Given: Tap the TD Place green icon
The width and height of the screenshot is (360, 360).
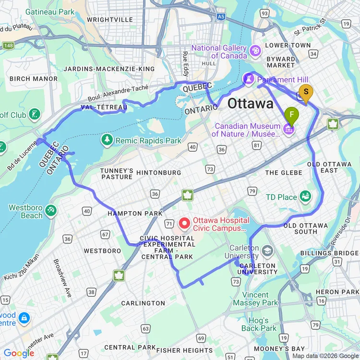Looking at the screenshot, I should [305, 197].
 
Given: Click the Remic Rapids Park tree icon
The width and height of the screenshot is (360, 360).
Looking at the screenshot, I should [107, 140].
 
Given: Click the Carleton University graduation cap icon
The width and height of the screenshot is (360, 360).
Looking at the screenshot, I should [267, 250].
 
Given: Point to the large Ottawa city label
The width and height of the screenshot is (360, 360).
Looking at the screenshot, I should [250, 103].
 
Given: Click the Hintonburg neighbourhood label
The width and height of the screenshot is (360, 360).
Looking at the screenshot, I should [158, 172].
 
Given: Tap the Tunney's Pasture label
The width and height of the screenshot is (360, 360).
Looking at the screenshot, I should [117, 173].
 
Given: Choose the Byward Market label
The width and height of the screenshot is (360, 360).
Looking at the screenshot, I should [281, 61].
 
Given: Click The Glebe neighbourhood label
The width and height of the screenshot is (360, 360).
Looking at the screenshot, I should [284, 172].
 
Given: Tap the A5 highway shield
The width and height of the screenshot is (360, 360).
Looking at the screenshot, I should [220, 16].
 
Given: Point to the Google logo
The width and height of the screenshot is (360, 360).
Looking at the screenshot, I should [19, 353].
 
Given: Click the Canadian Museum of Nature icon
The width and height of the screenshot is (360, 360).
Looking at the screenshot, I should [288, 129].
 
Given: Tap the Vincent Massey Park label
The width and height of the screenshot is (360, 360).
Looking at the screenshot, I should [255, 299].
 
